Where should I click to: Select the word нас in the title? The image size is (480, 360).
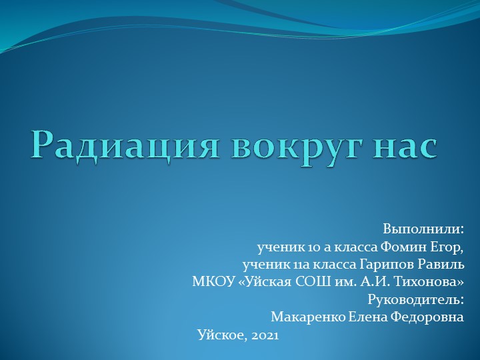[406, 145]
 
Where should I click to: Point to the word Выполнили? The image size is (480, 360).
[423, 229]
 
